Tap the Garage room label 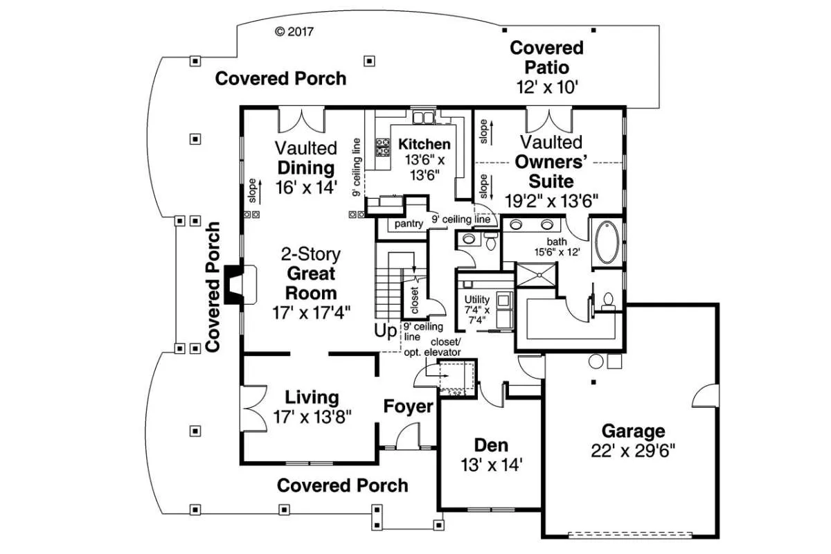coord(633,431)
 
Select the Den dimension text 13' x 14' coord(491,465)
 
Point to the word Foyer coord(409,406)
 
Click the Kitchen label coord(425,145)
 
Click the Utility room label coord(477,300)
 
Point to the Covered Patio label coord(547,57)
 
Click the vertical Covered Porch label coord(213,287)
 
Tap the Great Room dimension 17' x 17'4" coord(312,312)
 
